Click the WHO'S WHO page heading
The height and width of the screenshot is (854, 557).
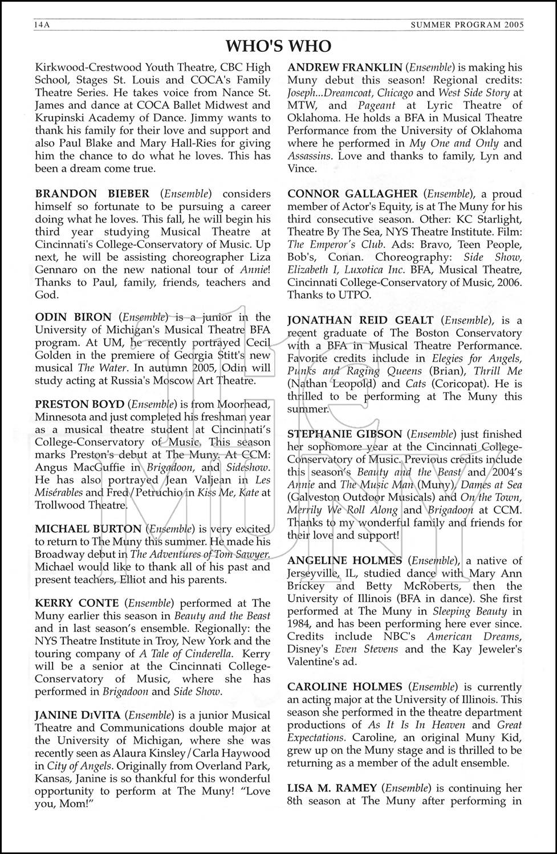pos(278,46)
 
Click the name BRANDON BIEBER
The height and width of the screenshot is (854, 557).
pos(92,194)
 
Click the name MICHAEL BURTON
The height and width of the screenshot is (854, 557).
pos(88,529)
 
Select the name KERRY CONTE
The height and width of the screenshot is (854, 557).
pos(77,602)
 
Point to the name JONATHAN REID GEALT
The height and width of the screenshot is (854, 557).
pos(360,321)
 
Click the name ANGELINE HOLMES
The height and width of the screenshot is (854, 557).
pos(344,561)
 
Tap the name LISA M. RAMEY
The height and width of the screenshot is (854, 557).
pos(332,789)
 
